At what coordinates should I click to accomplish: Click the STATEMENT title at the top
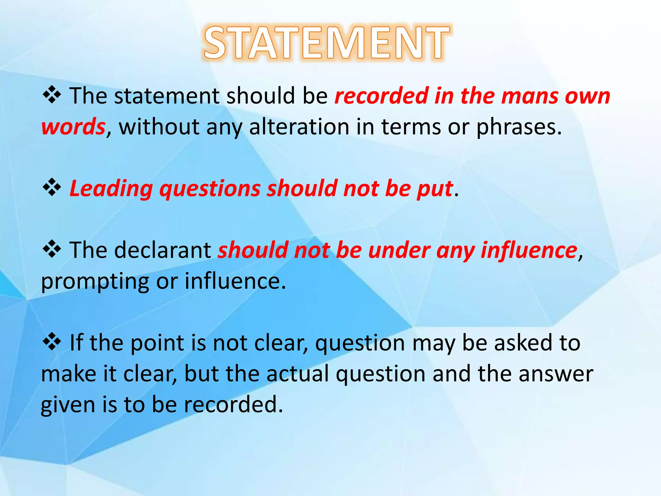pyautogui.click(x=327, y=43)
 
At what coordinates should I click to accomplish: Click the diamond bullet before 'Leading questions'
pyautogui.click(x=52, y=188)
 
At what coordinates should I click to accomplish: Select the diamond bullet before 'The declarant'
pyautogui.click(x=52, y=250)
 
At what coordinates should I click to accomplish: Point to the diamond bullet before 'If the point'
pyautogui.click(x=52, y=342)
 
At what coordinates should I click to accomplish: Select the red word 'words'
pyautogui.click(x=73, y=127)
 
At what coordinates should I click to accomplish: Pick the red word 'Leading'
pyautogui.click(x=111, y=189)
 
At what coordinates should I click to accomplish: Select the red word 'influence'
pyautogui.click(x=529, y=250)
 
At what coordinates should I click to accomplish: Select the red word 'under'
pyautogui.click(x=399, y=250)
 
